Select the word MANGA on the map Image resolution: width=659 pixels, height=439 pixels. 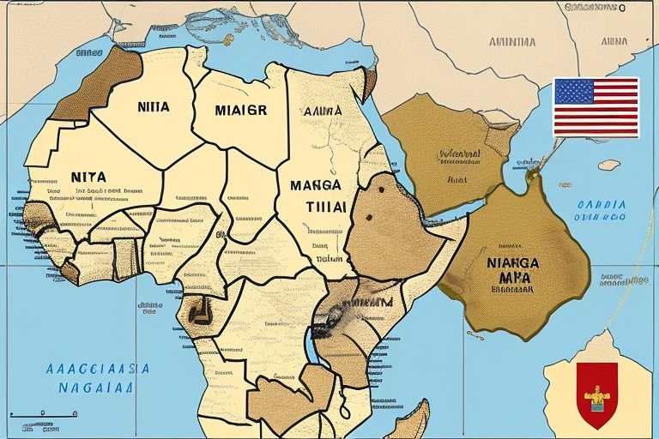[x=316, y=185]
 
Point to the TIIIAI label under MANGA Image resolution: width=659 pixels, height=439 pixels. [x=325, y=206]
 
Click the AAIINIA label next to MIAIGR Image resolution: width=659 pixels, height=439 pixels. [x=323, y=111]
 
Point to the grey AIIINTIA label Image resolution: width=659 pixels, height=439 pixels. [x=511, y=41]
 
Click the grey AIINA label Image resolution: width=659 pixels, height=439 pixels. [x=612, y=41]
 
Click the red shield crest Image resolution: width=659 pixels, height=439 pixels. [x=596, y=394]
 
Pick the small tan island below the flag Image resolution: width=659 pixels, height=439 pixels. [x=608, y=165]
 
